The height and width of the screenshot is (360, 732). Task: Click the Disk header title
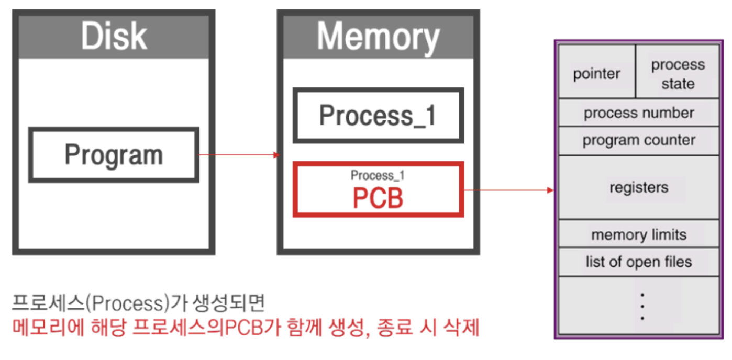(x=114, y=36)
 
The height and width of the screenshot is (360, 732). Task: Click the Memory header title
(x=378, y=37)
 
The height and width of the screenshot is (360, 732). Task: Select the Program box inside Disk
(x=114, y=155)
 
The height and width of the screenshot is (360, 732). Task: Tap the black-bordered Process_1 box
(x=378, y=116)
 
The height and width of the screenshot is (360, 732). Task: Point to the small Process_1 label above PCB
(x=378, y=175)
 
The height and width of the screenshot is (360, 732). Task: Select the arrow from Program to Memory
(x=239, y=155)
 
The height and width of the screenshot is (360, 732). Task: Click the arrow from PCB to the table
(x=508, y=190)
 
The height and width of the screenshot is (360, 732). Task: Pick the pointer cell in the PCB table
(x=596, y=74)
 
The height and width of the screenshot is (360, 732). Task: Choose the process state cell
(x=678, y=74)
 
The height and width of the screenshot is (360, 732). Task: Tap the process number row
(x=639, y=113)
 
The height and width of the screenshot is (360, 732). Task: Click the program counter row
(x=639, y=140)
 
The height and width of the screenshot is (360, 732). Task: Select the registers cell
(x=639, y=187)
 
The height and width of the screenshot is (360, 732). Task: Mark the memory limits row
(x=639, y=235)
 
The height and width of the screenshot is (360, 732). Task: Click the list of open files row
(x=639, y=262)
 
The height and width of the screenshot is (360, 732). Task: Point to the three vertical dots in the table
(x=642, y=306)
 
